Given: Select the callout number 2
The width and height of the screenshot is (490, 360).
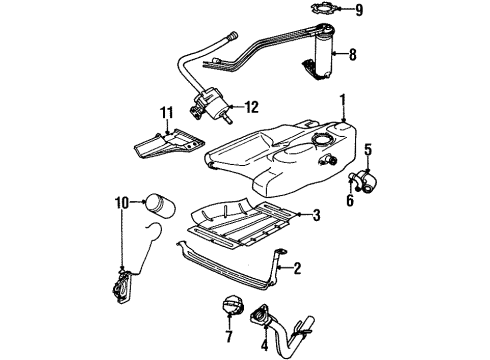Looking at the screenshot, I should tap(297, 268).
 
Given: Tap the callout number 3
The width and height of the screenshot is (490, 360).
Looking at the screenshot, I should tap(316, 215).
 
